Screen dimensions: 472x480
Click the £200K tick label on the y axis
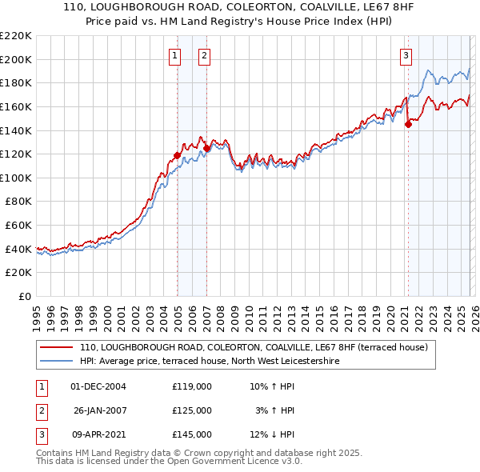pos(16,59)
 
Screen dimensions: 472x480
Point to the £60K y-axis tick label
pos(18,226)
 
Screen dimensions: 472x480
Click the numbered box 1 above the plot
pos(175,55)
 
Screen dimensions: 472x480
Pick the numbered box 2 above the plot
pos(204,55)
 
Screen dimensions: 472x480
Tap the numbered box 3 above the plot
pos(406,55)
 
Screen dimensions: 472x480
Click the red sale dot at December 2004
pos(177,155)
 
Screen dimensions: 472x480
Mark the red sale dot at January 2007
pos(207,148)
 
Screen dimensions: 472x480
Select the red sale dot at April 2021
pos(408,124)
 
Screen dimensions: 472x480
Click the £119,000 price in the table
pos(192,386)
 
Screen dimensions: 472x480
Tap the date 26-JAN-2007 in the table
pos(100,410)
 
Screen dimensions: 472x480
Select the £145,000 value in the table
pos(192,434)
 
